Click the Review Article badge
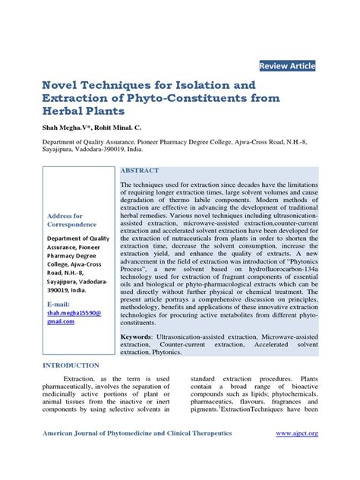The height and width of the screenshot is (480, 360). click(287, 66)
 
